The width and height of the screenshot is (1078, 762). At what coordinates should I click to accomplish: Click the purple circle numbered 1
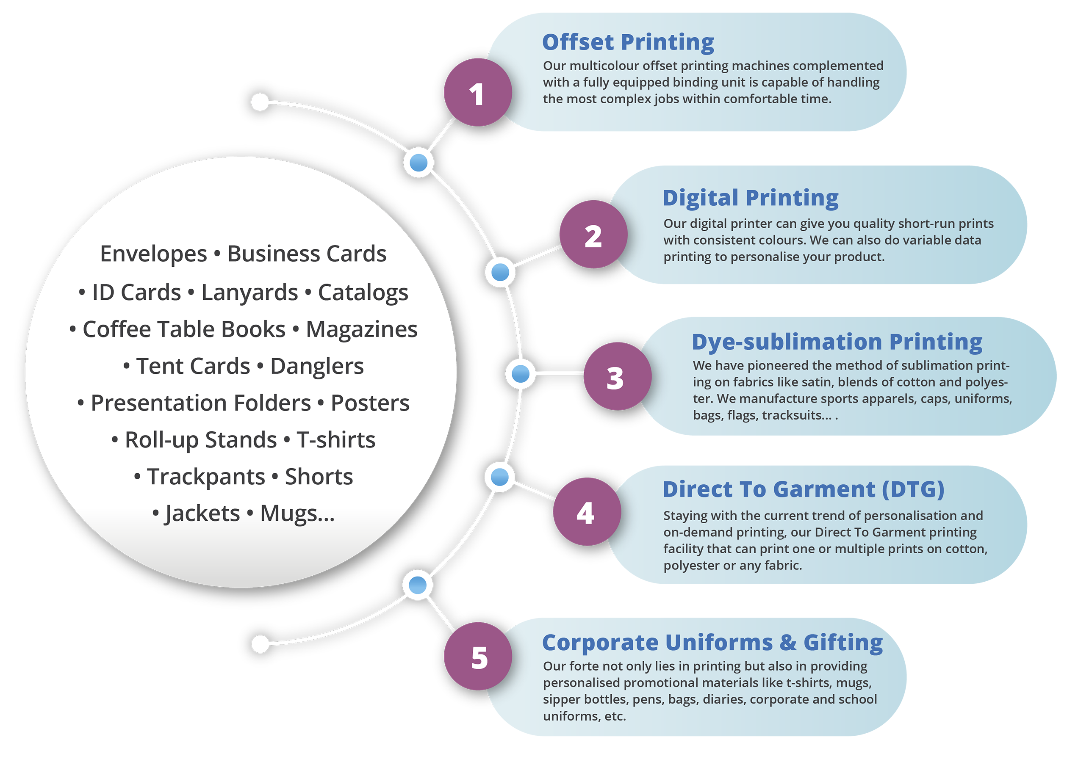pos(478,92)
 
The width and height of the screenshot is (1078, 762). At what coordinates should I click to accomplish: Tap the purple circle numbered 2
pos(593,235)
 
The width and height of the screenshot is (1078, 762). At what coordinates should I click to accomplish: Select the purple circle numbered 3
pos(618,376)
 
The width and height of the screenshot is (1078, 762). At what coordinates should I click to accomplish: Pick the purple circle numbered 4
pos(587,512)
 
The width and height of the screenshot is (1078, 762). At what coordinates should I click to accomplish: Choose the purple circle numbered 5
pos(478,657)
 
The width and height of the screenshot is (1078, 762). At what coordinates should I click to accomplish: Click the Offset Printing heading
pos(628,42)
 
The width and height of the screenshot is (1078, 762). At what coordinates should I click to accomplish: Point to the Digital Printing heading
pos(750,198)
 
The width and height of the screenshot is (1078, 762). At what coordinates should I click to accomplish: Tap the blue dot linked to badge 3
pos(520,374)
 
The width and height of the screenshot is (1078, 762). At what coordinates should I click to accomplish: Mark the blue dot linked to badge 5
pos(417,585)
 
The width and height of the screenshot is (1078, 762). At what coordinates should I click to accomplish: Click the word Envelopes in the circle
pos(153,254)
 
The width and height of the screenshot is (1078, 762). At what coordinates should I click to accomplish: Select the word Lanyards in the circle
pos(249,293)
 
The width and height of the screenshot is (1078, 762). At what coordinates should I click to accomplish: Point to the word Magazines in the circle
pos(362,329)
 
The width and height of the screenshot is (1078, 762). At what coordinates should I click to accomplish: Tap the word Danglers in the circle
pos(317,367)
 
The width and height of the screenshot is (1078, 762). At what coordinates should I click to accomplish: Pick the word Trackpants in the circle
pos(206,477)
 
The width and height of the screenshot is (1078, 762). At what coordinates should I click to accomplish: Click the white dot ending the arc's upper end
pos(260,102)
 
